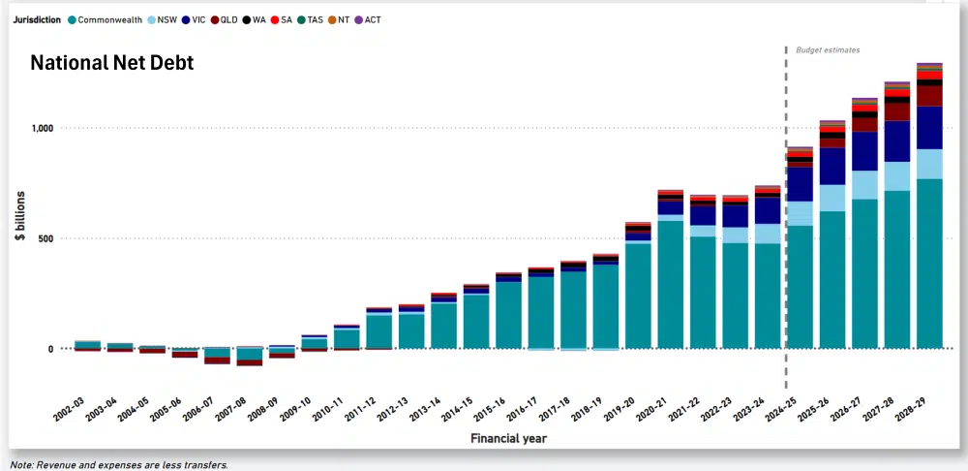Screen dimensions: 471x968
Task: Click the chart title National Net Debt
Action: pos(111,63)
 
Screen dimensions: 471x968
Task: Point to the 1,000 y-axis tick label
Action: pos(42,128)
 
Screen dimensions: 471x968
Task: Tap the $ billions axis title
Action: pos(20,238)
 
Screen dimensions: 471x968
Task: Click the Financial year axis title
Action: pos(508,439)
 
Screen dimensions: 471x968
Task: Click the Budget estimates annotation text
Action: pos(828,49)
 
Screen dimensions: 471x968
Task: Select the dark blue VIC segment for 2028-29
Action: pos(930,127)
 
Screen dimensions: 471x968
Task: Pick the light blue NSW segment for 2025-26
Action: pos(832,198)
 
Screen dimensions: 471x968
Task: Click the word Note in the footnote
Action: pos(22,465)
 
